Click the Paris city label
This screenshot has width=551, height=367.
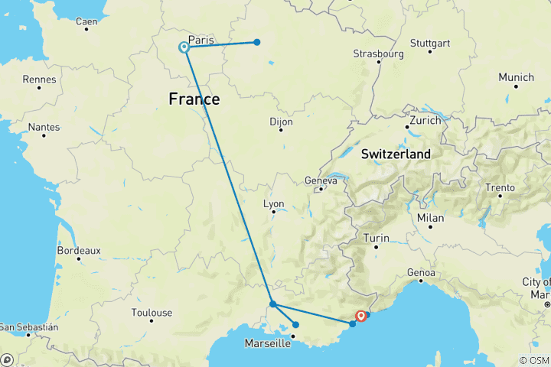coord(201,39)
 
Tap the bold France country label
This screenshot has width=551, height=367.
coord(194,99)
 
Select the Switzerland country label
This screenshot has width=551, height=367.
coord(396,154)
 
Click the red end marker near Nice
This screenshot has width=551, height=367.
coord(360,315)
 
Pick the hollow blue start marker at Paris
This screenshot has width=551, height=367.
coord(184,47)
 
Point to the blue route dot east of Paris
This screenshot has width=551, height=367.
coord(257,42)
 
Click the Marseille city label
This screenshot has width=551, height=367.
coord(267,344)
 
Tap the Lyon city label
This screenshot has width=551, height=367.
coord(273,204)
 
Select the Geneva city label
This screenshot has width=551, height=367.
coord(321,180)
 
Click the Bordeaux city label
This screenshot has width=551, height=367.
coord(79,250)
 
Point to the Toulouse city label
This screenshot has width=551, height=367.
coord(152,312)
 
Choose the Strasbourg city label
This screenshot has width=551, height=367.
coord(378,54)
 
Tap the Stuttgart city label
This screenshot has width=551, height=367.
coord(430,43)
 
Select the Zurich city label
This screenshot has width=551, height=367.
coord(425,121)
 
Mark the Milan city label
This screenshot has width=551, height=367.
coord(430,218)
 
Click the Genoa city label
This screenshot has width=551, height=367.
coord(422,272)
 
